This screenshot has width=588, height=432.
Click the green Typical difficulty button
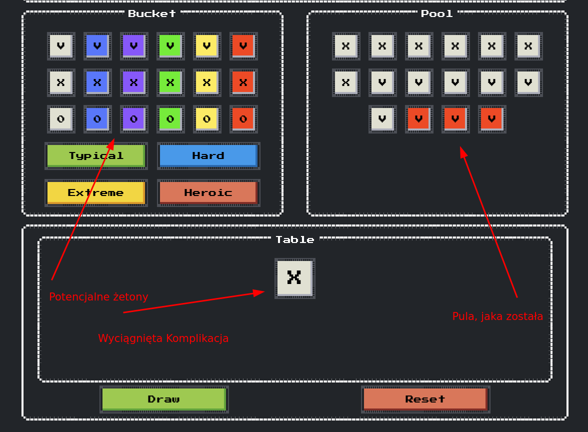click(x=95, y=155)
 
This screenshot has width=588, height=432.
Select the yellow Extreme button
click(x=95, y=192)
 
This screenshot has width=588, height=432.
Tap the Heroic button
click(x=208, y=192)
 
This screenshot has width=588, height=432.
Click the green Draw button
click(x=163, y=399)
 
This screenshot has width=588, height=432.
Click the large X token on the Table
click(x=294, y=278)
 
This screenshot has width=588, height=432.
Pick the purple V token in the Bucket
click(x=133, y=46)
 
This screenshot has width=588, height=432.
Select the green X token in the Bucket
click(x=170, y=82)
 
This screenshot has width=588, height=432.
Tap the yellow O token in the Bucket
click(x=206, y=119)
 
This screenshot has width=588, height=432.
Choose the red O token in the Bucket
click(x=243, y=119)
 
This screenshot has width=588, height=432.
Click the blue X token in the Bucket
click(x=97, y=82)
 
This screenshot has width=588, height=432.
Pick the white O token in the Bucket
click(x=60, y=119)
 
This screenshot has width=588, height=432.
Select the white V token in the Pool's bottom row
click(x=382, y=119)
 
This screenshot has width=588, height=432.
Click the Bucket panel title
click(x=152, y=13)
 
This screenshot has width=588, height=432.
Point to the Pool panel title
click(x=437, y=13)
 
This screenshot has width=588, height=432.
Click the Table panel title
click(x=295, y=240)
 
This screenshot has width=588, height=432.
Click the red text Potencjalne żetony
click(x=98, y=297)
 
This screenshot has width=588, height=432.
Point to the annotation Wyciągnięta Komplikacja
click(x=163, y=338)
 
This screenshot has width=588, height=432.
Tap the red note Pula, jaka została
click(x=497, y=316)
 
